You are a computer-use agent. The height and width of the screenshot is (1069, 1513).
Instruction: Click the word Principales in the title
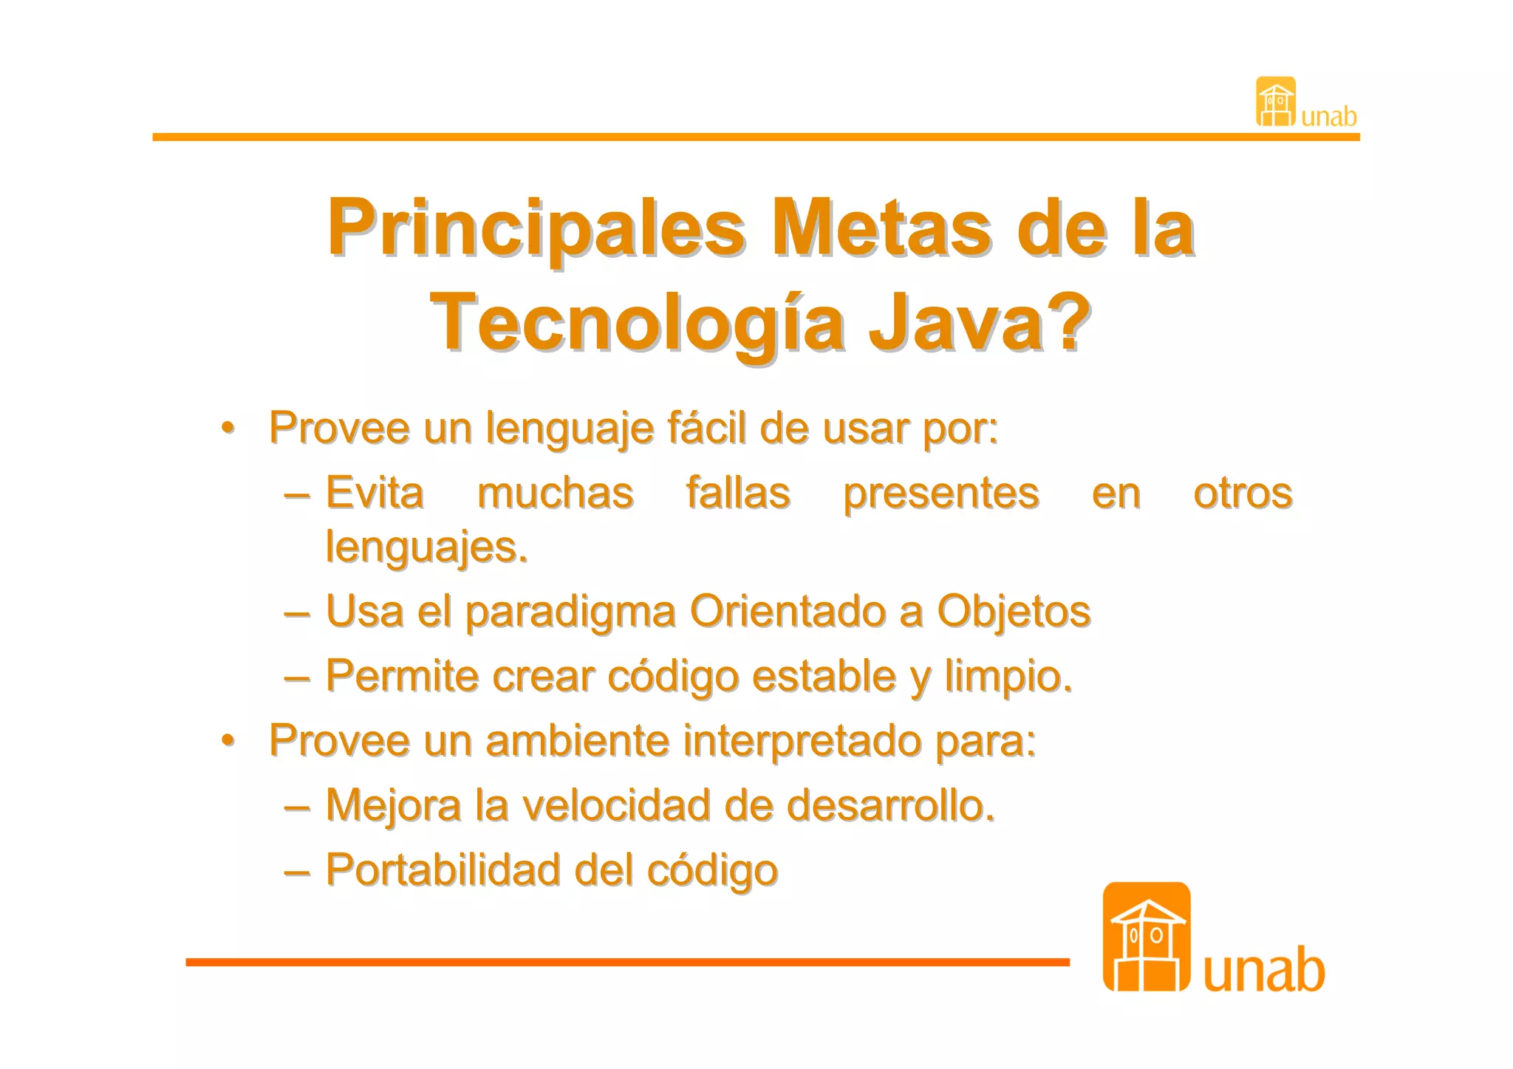point(536,229)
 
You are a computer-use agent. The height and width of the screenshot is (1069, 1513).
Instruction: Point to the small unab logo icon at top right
point(1276,102)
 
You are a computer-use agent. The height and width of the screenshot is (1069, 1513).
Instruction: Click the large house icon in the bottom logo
point(1146,937)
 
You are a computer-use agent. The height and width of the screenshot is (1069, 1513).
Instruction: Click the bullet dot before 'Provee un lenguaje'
point(228,428)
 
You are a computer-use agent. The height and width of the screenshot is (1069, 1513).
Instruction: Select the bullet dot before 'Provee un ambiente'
point(228,740)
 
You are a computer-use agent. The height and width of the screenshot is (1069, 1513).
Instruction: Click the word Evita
point(375,493)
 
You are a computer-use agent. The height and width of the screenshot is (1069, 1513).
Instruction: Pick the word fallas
point(738,493)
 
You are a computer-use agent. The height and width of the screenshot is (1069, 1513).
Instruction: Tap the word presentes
point(941,494)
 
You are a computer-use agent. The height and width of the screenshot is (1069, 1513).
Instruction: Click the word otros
point(1243,493)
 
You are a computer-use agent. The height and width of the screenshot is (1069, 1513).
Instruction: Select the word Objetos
point(1014,612)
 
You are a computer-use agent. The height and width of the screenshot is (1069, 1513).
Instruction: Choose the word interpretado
point(802,741)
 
